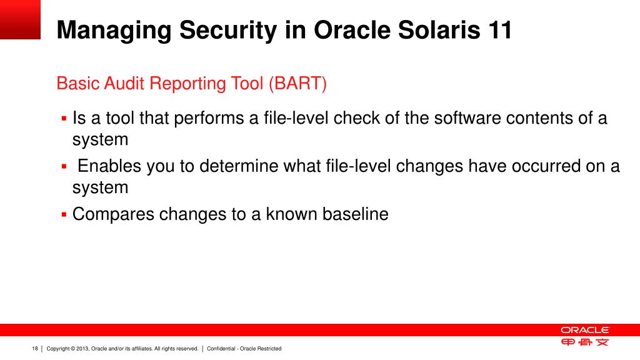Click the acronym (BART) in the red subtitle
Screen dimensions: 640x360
coord(297,84)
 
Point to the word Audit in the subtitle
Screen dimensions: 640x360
coord(124,83)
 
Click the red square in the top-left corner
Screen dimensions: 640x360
coord(20,19)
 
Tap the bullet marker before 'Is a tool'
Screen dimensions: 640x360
coord(64,119)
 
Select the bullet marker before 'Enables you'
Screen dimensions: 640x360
coord(64,166)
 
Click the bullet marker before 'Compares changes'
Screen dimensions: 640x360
coord(64,214)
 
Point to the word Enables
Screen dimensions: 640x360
coord(109,166)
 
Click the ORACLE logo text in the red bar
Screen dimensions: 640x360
coord(584,330)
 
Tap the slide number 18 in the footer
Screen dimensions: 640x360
coord(35,349)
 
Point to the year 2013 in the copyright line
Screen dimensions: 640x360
coord(82,349)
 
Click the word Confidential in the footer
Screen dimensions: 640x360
coord(221,349)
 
